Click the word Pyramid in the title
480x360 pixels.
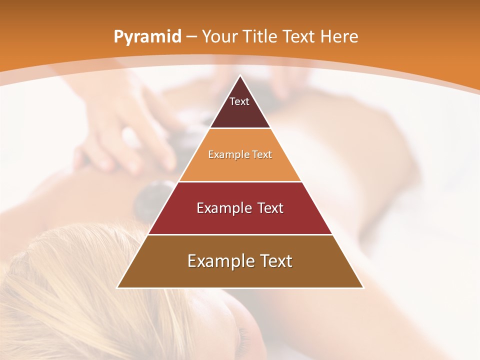pyautogui.click(x=147, y=36)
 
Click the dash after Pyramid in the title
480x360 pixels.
pyautogui.click(x=191, y=37)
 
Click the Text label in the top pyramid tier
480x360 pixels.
pyautogui.click(x=239, y=101)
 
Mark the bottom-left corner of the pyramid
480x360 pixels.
pyautogui.click(x=117, y=287)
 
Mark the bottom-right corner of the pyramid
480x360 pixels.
pyautogui.click(x=363, y=287)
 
